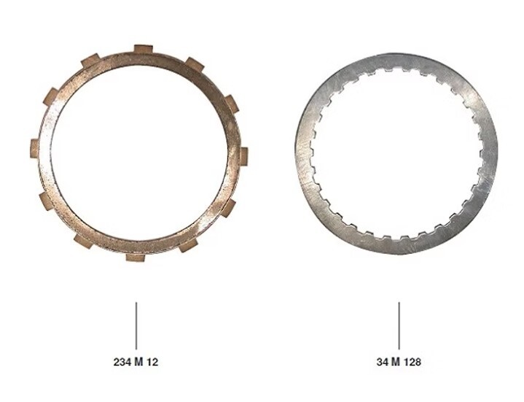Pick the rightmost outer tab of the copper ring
click(x=243, y=155)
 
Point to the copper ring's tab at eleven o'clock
click(x=90, y=61)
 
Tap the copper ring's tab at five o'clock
click(x=187, y=244)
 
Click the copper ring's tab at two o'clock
click(x=230, y=103)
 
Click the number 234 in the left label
click(x=122, y=361)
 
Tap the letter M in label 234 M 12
click(x=138, y=361)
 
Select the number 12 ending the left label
click(x=151, y=361)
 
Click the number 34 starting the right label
click(x=382, y=361)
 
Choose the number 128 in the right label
click(x=412, y=361)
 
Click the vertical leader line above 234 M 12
click(x=136, y=325)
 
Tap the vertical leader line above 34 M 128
click(x=398, y=325)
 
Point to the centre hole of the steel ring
click(x=396, y=155)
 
